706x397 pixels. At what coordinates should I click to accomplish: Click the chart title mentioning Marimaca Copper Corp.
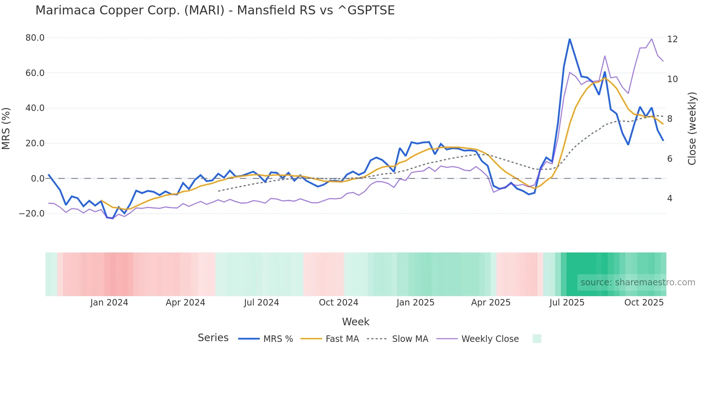click(215, 10)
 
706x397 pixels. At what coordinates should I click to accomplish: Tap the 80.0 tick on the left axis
click(35, 38)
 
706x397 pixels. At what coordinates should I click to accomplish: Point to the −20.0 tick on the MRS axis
click(32, 214)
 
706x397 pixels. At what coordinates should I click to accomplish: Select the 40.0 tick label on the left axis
click(35, 108)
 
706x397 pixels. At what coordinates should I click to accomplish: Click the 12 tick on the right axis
click(672, 39)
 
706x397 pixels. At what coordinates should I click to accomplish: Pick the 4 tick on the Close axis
click(670, 198)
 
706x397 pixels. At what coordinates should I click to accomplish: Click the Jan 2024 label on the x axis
click(109, 303)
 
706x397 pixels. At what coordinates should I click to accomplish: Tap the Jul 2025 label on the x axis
click(567, 303)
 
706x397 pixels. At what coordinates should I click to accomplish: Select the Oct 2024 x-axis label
click(338, 303)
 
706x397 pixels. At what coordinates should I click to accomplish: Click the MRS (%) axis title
click(6, 128)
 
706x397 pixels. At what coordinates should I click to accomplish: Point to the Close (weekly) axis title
click(692, 128)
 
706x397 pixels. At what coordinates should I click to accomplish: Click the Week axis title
click(356, 322)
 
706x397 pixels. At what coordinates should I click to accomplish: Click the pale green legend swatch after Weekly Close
click(537, 339)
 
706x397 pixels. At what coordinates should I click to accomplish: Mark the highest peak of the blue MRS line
click(569, 39)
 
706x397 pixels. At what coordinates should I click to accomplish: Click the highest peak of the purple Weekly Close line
click(652, 39)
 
